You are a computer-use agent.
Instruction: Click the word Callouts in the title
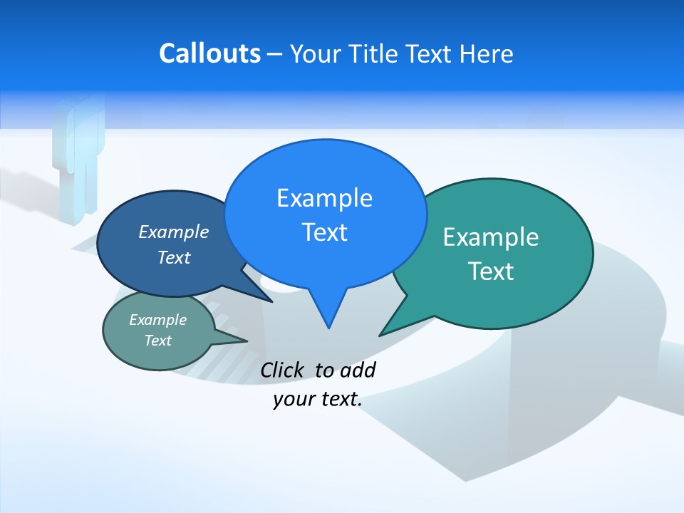coord(209,53)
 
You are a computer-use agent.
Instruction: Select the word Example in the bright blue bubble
coord(324,198)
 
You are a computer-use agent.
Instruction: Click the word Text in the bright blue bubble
coord(324,232)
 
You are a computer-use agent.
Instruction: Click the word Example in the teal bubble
coord(491,237)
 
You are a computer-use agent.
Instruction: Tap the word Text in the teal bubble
coord(491,271)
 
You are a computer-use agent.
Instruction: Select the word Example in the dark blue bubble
coord(173,232)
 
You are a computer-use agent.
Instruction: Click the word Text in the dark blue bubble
coord(173,257)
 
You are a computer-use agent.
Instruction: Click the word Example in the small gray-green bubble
coord(157,320)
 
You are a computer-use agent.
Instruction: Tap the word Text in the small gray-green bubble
coord(157,341)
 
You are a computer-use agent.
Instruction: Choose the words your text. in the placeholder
coord(317,400)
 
